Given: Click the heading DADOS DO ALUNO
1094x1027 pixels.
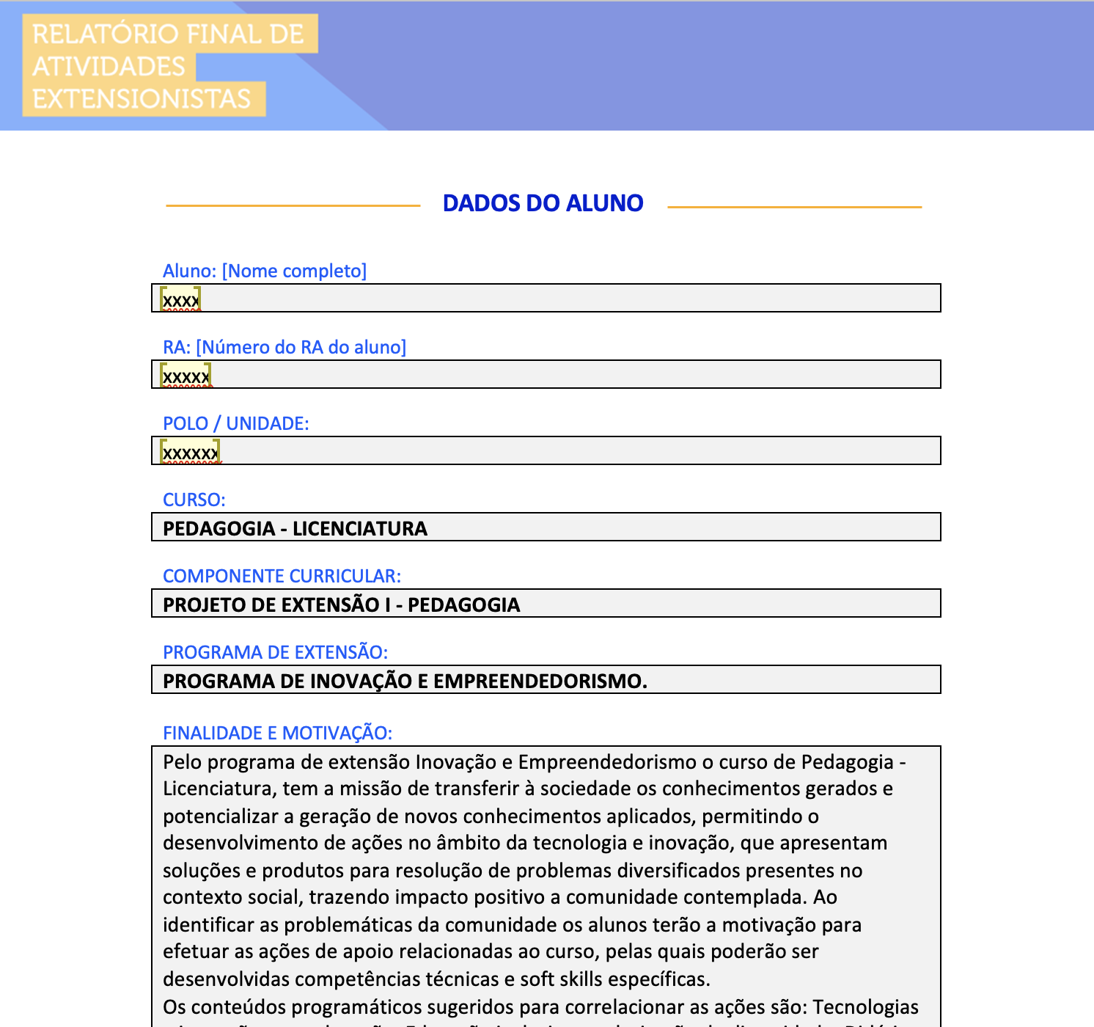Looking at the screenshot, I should click(x=543, y=203).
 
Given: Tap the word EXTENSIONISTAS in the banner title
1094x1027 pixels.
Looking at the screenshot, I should click(x=142, y=99).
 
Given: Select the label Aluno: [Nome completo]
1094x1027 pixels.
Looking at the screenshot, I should click(x=264, y=271).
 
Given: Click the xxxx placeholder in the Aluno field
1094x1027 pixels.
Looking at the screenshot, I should click(x=180, y=300).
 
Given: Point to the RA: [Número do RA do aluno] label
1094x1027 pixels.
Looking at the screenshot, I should click(x=284, y=348).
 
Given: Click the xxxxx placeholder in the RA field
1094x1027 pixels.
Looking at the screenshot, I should click(x=186, y=376).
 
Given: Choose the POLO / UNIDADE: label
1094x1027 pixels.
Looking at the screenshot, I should click(x=235, y=424).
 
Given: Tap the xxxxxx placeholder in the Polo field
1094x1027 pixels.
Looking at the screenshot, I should click(x=190, y=453).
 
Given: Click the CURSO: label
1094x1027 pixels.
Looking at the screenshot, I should click(x=194, y=500).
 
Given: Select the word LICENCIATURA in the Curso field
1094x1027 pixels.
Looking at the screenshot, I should click(x=359, y=529).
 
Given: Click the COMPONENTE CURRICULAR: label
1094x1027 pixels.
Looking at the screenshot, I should click(x=282, y=577).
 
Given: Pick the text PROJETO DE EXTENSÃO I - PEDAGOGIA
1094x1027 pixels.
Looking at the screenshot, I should click(x=341, y=605).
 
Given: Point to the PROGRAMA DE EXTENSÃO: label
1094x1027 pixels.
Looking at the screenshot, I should click(x=275, y=653).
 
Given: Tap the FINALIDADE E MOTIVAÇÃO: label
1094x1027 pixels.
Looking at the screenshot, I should click(x=277, y=734).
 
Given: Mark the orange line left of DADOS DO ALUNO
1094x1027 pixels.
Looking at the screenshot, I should click(x=293, y=206).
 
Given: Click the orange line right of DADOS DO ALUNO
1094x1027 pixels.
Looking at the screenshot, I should click(x=794, y=207).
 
